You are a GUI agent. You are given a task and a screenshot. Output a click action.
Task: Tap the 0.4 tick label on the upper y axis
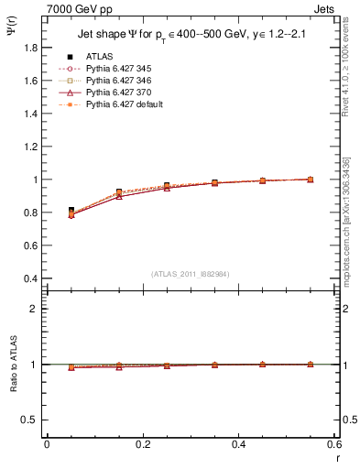30,278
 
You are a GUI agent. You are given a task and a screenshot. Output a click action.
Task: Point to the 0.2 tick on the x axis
142,444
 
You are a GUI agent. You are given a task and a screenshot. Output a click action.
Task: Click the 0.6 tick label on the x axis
333,444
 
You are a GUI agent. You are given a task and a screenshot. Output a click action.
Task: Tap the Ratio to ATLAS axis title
14,365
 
